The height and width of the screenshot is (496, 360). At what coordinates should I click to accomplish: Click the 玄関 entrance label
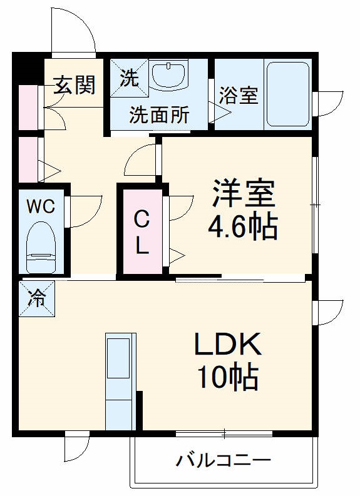click(x=74, y=85)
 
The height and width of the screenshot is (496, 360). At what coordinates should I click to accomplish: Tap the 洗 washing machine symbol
click(x=129, y=78)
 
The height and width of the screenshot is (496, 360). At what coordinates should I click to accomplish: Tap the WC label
click(x=41, y=206)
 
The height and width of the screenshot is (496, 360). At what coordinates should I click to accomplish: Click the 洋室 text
click(x=244, y=194)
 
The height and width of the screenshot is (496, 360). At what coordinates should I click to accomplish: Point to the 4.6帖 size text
click(x=243, y=226)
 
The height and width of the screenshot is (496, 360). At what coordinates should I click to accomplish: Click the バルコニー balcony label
click(x=224, y=462)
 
